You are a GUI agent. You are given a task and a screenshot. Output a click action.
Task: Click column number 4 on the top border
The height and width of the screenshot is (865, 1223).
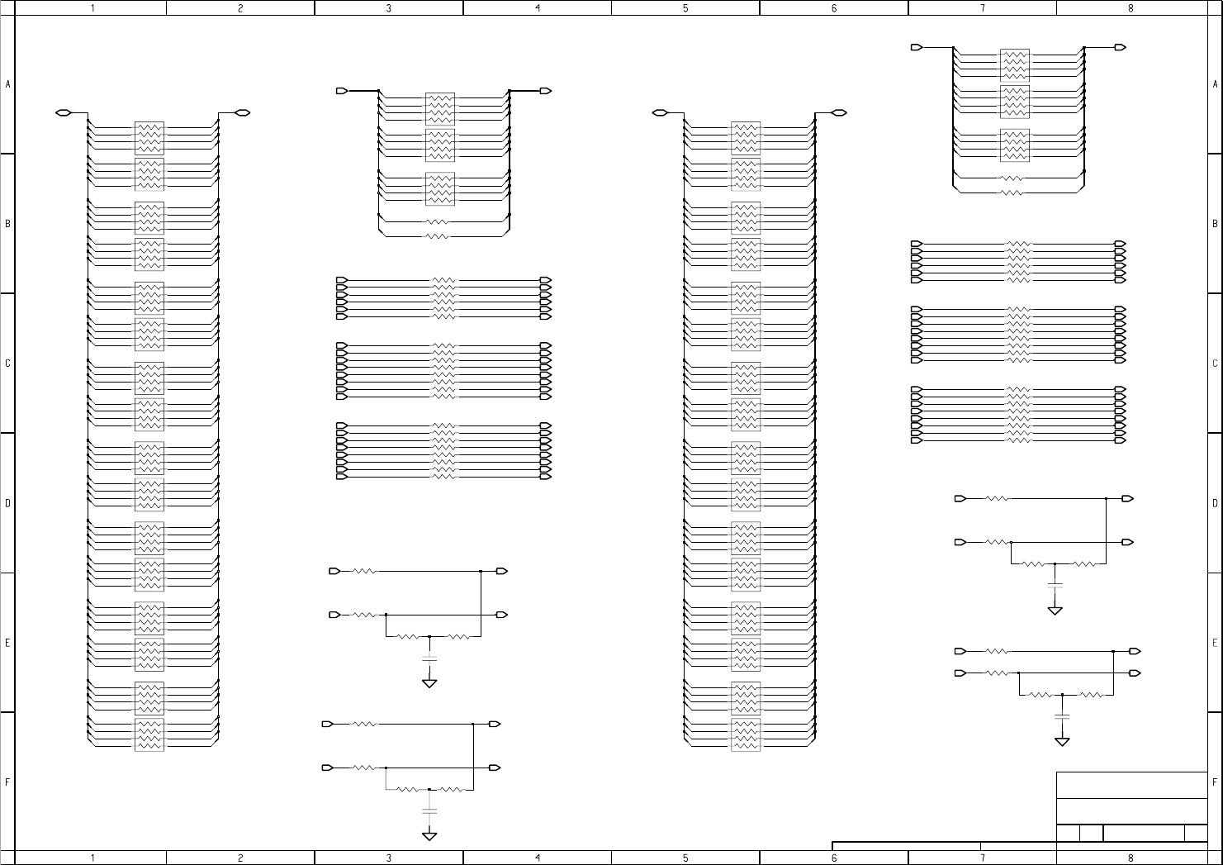(x=538, y=7)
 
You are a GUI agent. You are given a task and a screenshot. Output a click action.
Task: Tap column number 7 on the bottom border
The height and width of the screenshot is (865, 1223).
(x=982, y=858)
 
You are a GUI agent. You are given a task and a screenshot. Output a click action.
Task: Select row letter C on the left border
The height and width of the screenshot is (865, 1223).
(x=7, y=364)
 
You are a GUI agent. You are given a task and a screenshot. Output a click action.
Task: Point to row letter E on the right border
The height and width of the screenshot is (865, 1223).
(x=1215, y=643)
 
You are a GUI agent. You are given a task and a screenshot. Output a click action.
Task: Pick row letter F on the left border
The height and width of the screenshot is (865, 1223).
(x=7, y=782)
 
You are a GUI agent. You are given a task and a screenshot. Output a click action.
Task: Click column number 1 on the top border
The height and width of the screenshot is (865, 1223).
(x=92, y=7)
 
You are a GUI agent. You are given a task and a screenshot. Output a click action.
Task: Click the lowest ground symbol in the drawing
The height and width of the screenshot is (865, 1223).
(x=429, y=835)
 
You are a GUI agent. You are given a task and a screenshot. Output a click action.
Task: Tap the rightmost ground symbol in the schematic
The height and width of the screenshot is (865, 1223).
(x=1062, y=741)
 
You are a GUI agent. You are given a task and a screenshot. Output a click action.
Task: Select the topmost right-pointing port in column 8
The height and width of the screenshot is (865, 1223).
(x=1120, y=48)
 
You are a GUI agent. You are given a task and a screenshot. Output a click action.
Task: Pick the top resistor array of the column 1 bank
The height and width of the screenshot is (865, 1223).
(x=149, y=138)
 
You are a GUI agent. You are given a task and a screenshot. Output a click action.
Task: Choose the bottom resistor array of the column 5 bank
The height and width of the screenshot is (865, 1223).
(x=746, y=734)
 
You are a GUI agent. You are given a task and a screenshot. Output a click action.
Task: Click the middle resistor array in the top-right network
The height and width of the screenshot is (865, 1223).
(x=1015, y=102)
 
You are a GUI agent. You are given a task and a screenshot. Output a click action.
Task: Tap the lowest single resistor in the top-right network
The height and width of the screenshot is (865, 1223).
(x=1012, y=192)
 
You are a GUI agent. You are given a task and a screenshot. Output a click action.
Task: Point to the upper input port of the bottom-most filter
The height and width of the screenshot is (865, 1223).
(x=328, y=725)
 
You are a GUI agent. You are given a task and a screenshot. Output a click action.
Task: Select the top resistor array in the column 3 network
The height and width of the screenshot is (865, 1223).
(x=440, y=108)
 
